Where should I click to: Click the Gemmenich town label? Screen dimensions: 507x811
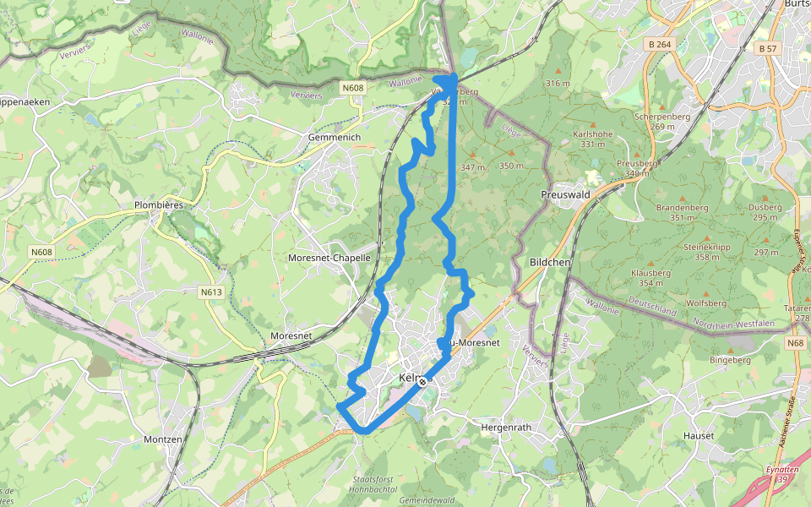(335, 137)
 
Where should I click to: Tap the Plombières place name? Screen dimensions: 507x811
(159, 204)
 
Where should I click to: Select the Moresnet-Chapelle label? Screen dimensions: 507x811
(329, 257)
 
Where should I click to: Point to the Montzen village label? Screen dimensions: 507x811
(163, 439)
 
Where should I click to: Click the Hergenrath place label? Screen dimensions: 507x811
(506, 428)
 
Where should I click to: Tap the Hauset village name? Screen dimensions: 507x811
(699, 436)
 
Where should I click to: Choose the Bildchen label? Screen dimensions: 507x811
(550, 263)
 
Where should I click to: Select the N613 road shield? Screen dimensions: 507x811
(211, 292)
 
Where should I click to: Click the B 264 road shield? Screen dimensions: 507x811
(661, 44)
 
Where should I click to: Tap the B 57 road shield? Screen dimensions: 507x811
(767, 49)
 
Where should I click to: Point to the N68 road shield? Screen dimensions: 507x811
(794, 343)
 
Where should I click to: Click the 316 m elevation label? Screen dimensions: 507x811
(558, 83)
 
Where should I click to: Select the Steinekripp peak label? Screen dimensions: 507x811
(695, 247)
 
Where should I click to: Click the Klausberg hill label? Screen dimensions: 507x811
(650, 273)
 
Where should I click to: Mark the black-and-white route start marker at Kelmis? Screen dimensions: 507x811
(422, 382)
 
